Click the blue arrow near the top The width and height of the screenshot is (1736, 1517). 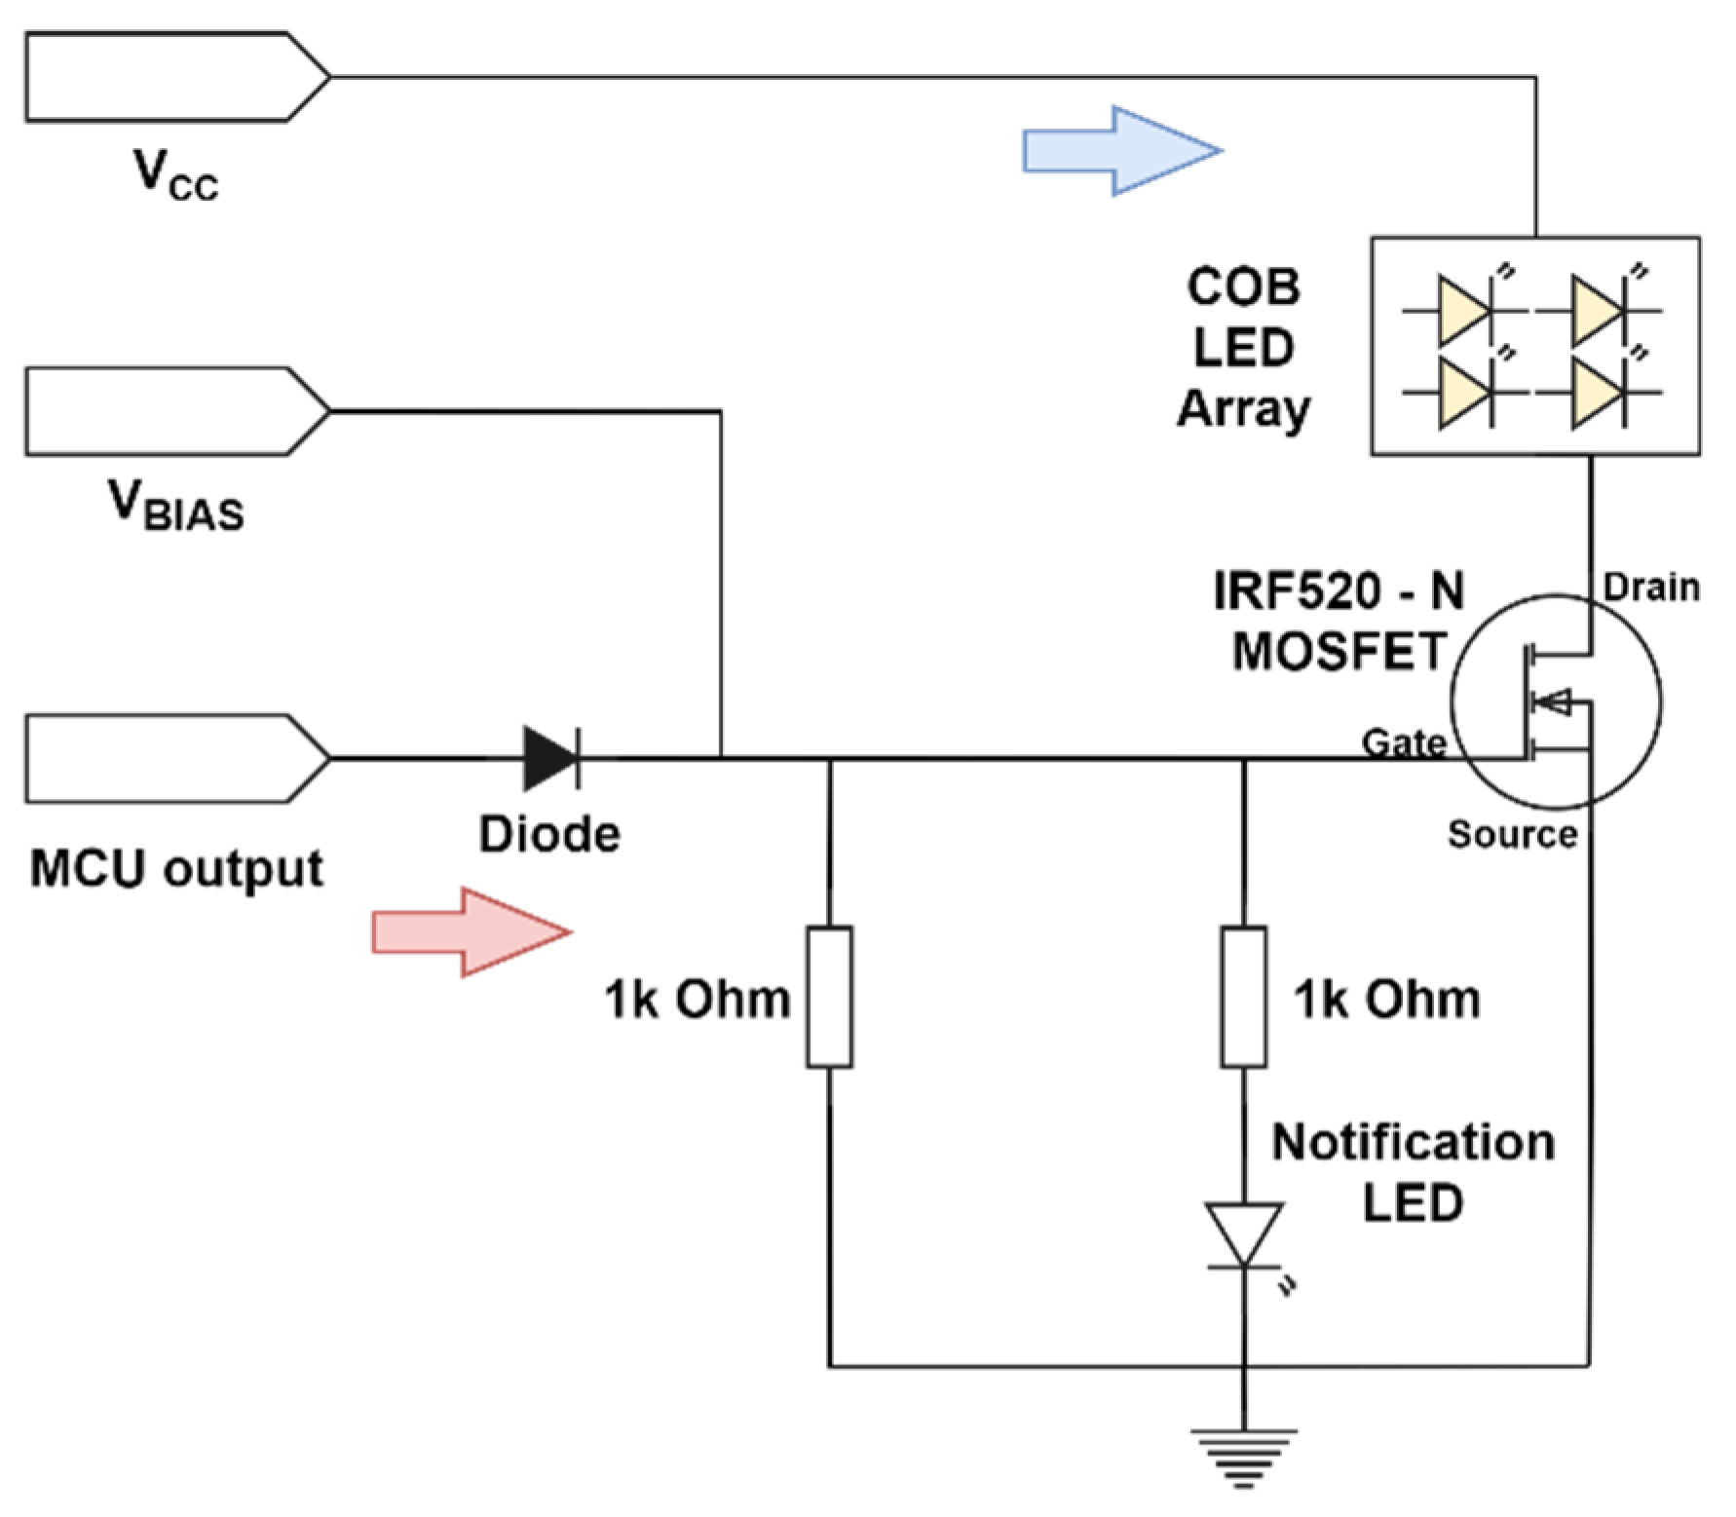[1120, 151]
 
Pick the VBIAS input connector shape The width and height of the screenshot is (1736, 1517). [175, 411]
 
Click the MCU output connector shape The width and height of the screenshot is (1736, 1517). [175, 758]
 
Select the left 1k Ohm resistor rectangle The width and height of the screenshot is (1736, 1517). [829, 997]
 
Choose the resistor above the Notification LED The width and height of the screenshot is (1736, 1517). [1244, 997]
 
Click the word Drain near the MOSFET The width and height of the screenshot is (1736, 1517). [1651, 588]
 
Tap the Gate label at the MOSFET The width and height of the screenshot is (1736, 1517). [1403, 743]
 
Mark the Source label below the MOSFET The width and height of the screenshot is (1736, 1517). [1512, 835]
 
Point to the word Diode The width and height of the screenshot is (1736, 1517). [549, 835]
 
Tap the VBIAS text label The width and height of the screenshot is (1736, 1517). [175, 507]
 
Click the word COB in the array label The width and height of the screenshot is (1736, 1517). [1243, 286]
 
